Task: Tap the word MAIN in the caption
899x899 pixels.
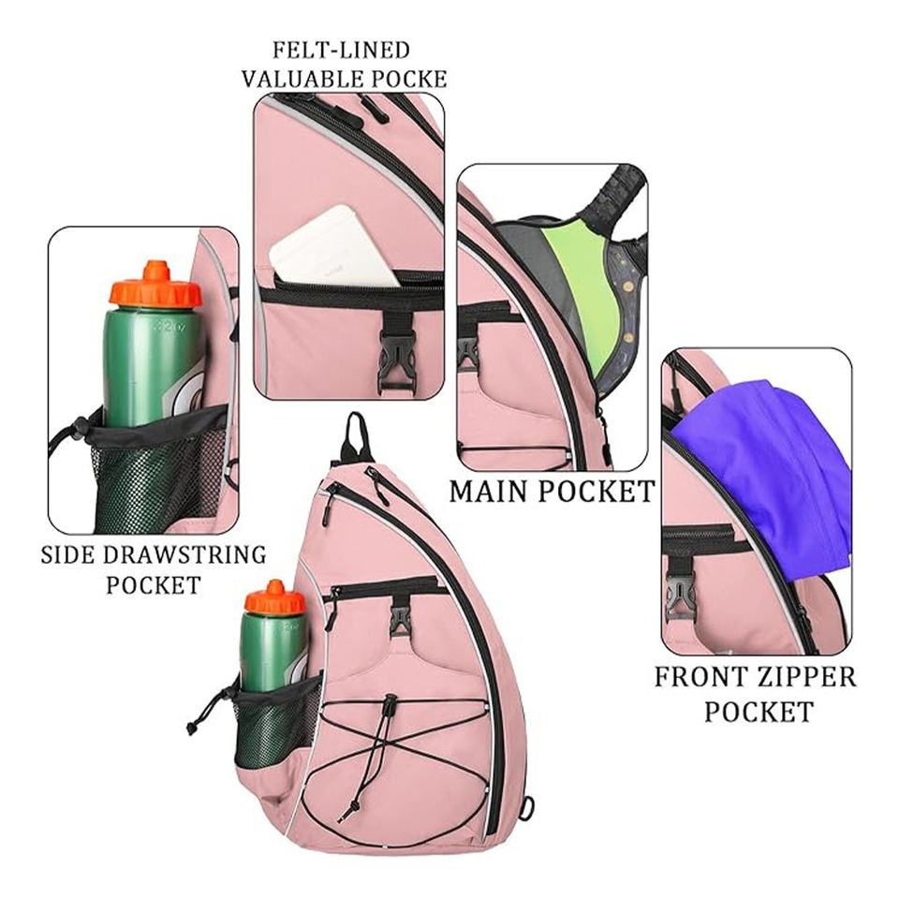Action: [x=493, y=491]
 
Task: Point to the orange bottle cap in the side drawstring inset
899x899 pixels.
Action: [x=155, y=286]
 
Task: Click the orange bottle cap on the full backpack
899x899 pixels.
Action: [x=274, y=597]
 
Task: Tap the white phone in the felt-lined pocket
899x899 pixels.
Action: [x=332, y=245]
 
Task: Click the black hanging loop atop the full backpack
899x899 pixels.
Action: [x=353, y=435]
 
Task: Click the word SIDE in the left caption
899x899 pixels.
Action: [x=67, y=554]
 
